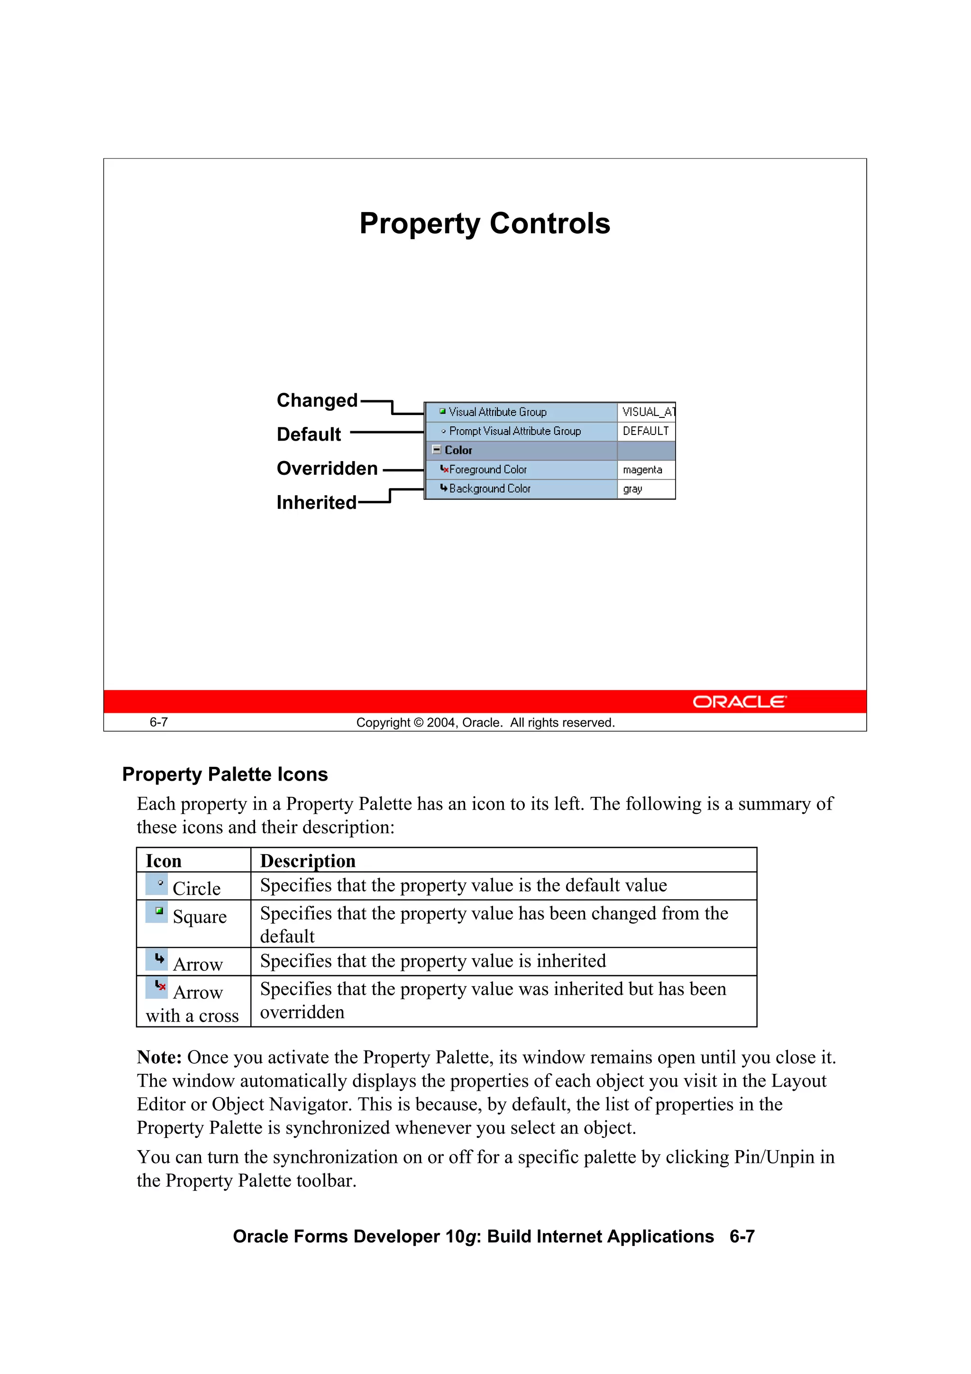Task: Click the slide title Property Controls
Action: coord(485,224)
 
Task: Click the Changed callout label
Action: coord(317,400)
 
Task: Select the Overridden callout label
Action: coord(327,468)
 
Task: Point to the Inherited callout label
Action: coord(317,502)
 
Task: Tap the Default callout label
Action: coord(309,434)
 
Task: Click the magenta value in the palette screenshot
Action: coord(642,470)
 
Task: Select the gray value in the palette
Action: coord(632,489)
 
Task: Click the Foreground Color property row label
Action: coord(487,470)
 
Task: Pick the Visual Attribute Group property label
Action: coord(497,412)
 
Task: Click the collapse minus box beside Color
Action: coord(436,450)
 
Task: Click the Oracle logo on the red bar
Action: coord(740,701)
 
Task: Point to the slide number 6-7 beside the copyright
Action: coord(158,722)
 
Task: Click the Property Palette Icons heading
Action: coord(225,775)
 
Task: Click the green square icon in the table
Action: coord(158,911)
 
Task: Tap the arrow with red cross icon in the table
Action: coord(160,986)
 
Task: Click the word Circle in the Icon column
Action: coord(196,889)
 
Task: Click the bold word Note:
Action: coord(159,1058)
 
